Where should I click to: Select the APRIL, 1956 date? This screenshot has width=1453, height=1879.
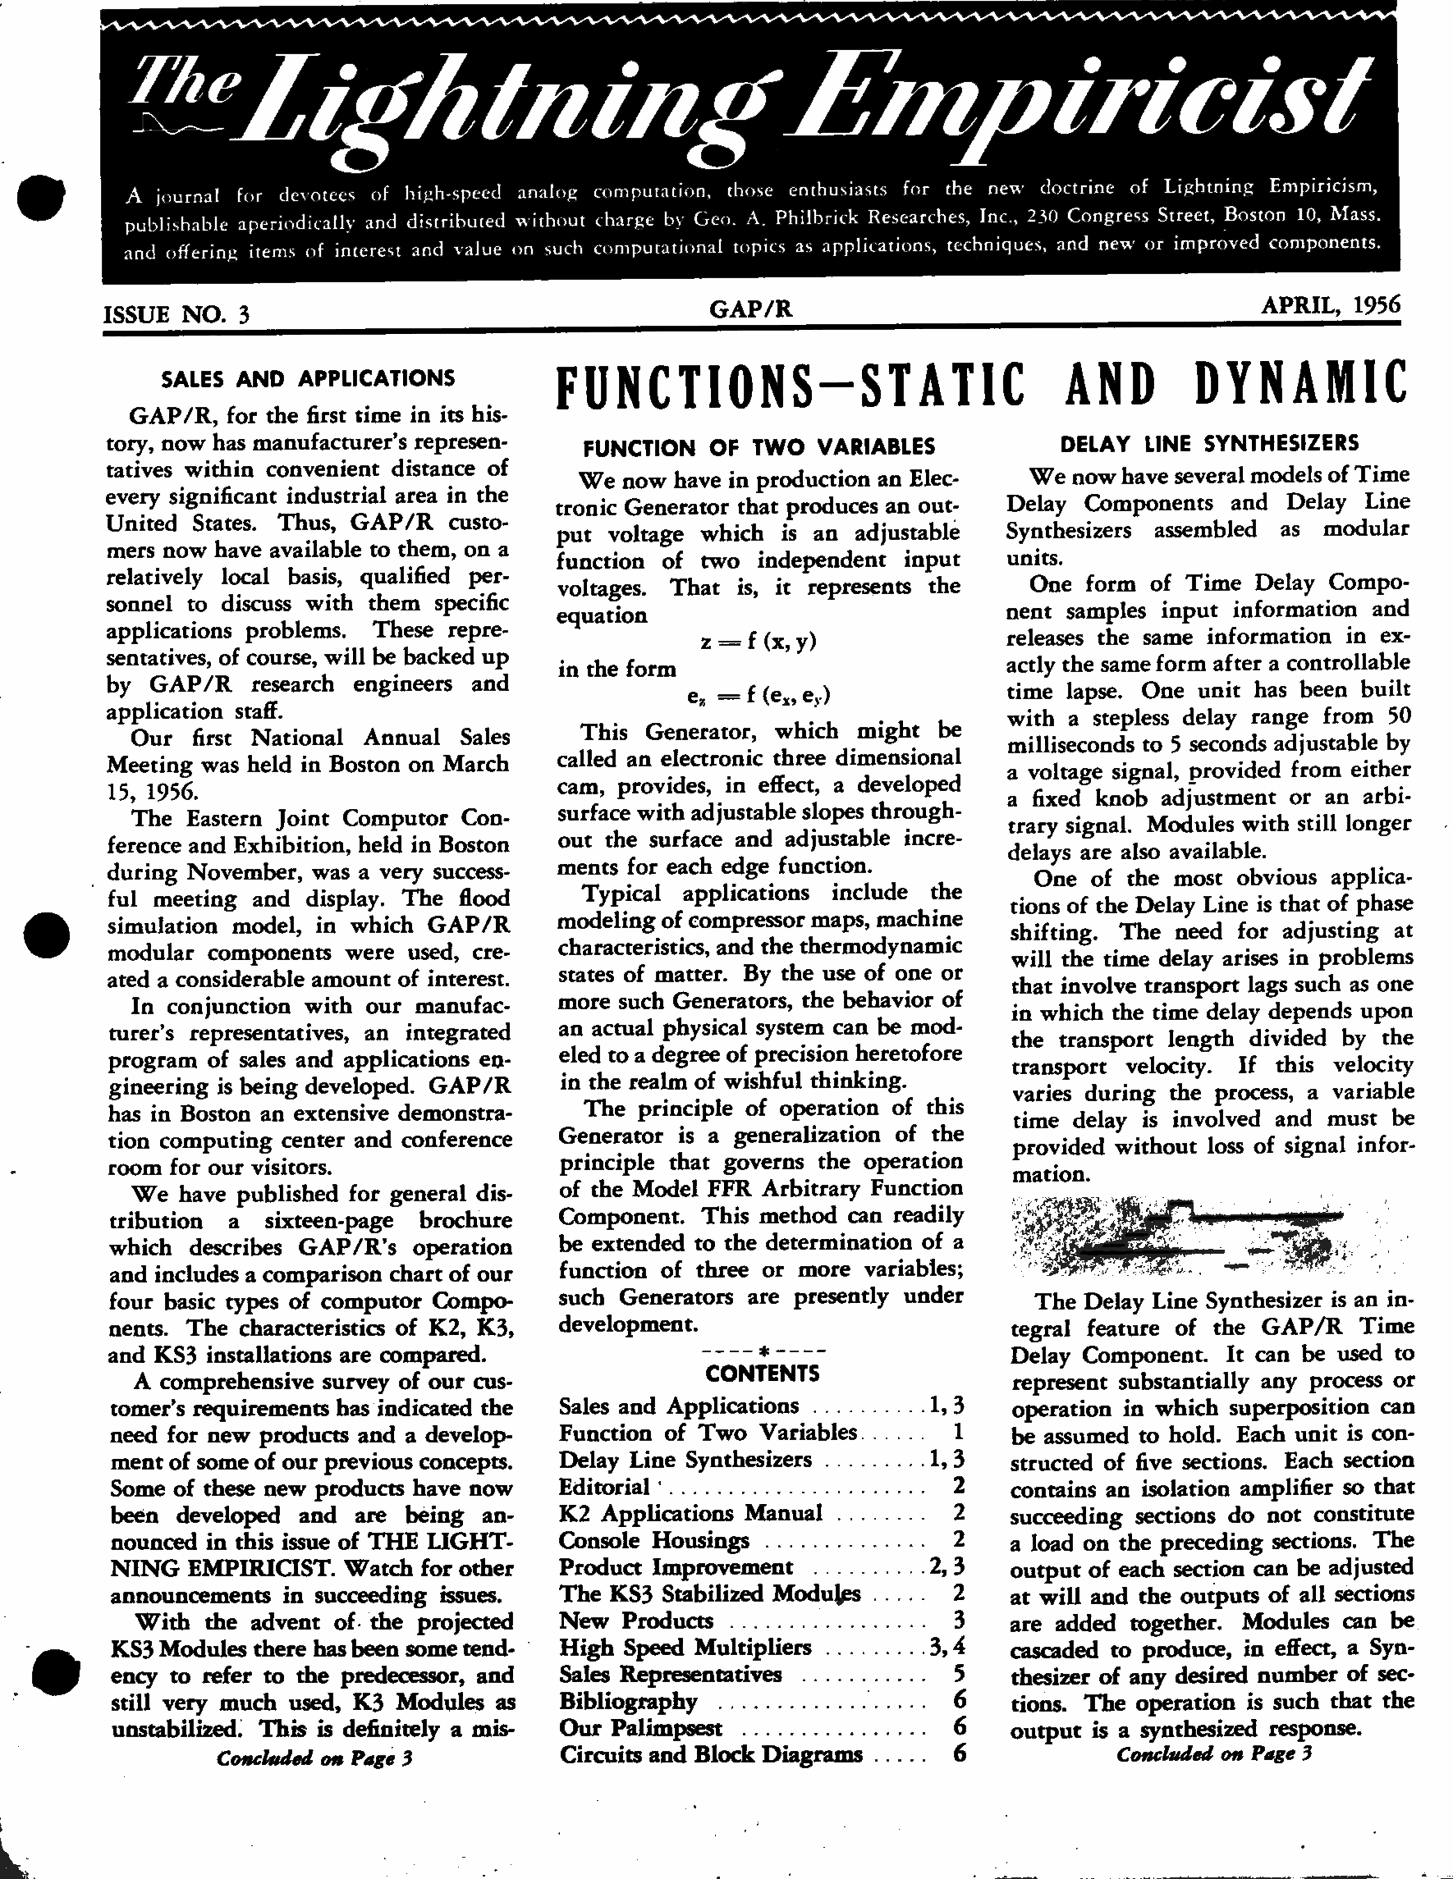[1330, 304]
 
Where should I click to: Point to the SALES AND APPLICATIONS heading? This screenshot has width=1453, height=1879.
[308, 378]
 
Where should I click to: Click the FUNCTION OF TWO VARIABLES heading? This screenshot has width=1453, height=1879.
[759, 446]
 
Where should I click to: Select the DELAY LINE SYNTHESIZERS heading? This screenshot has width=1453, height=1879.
[1209, 444]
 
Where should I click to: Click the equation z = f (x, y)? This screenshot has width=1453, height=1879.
[759, 642]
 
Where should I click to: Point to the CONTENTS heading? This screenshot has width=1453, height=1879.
[762, 1373]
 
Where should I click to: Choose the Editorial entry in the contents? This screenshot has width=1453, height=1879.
[603, 1486]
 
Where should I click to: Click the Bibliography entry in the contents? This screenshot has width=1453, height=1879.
[627, 1701]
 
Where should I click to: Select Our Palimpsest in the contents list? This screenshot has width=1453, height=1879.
[640, 1727]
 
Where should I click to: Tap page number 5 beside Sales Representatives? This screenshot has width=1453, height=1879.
[959, 1673]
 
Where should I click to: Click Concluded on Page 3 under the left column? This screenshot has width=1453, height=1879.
[314, 1758]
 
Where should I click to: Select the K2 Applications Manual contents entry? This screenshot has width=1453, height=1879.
[690, 1512]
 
